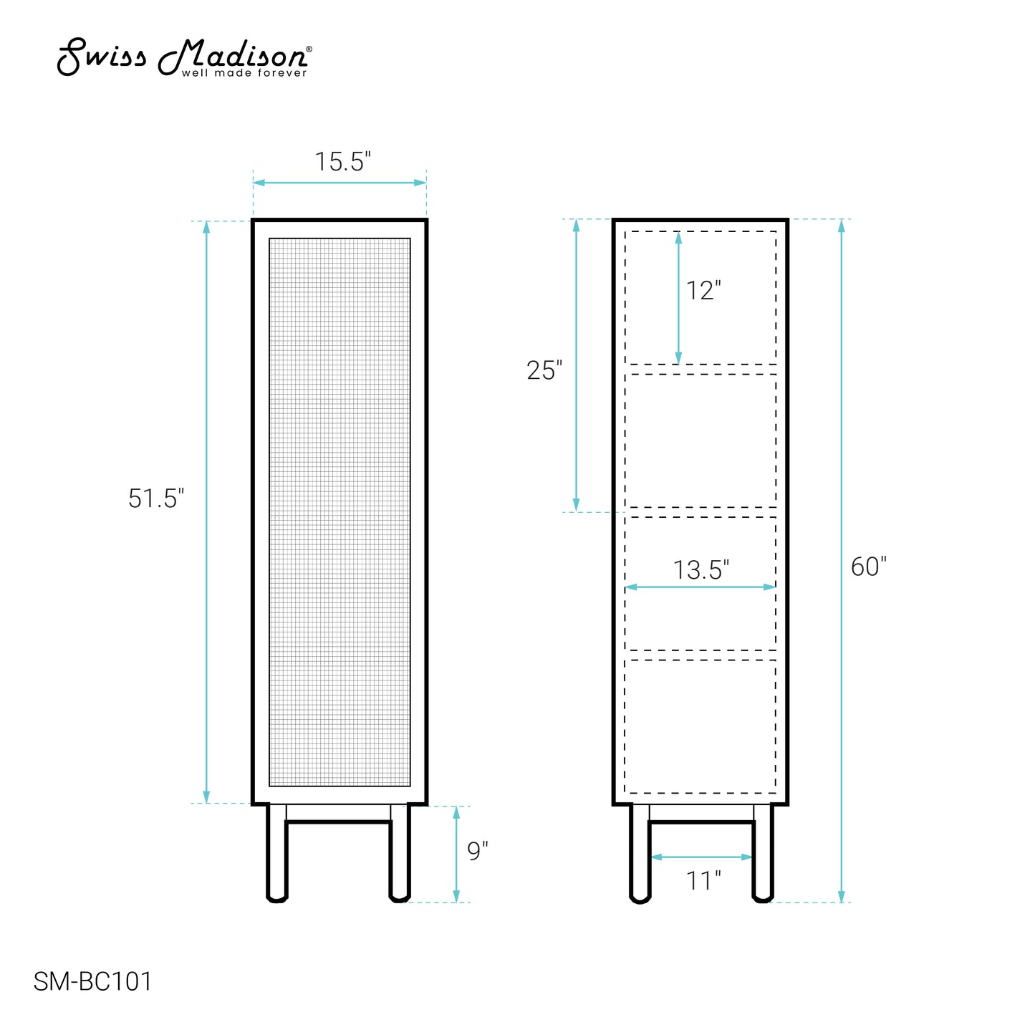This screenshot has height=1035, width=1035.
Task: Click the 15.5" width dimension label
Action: [x=342, y=162]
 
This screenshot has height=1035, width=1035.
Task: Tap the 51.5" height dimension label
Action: [x=155, y=499]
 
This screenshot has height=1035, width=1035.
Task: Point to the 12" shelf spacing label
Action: [x=703, y=291]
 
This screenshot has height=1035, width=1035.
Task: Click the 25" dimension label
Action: [x=544, y=370]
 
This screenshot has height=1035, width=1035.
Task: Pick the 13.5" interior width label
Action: [x=701, y=570]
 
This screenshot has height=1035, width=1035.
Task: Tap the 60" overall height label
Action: [x=869, y=567]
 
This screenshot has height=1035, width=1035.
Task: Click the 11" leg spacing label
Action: [x=703, y=880]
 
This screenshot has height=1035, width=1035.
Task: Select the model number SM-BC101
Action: [x=93, y=981]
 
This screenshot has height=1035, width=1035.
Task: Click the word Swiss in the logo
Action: [x=102, y=57]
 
